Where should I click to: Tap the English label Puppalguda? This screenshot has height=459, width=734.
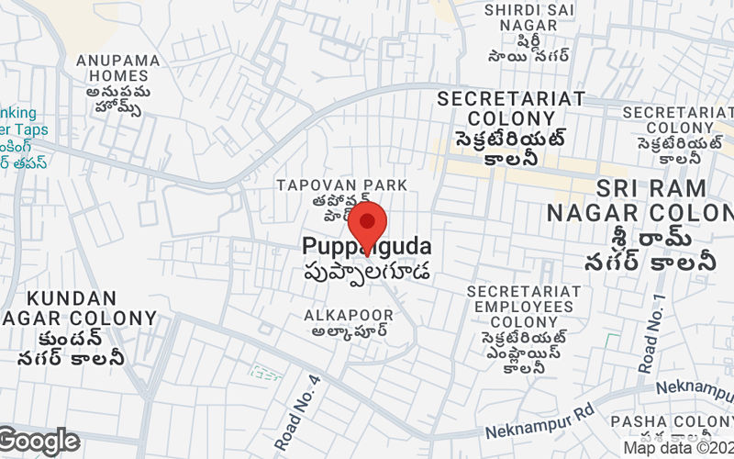[x=366, y=247]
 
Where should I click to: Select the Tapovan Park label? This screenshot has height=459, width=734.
[x=341, y=185]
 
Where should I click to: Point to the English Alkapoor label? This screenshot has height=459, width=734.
[x=349, y=315]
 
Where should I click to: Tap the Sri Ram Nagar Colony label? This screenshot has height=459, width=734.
[x=652, y=201]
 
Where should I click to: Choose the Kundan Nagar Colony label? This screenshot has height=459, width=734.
[x=72, y=308]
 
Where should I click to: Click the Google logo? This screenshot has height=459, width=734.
[x=39, y=442]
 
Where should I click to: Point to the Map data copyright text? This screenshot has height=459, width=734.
[x=678, y=448]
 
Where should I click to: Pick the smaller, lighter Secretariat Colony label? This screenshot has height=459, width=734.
[x=678, y=119]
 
